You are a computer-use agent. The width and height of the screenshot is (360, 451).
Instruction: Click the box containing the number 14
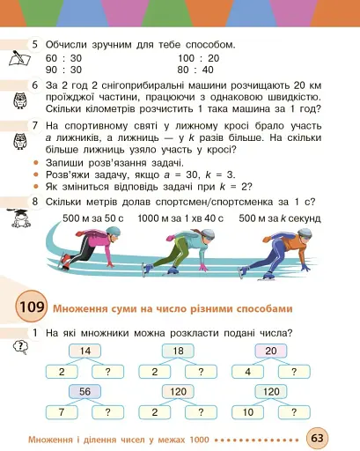(84, 351)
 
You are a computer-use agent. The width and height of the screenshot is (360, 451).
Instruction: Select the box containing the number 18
(177, 351)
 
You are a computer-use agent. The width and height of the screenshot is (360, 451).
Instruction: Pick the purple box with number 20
(270, 351)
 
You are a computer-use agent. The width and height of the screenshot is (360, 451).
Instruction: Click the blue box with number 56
(84, 391)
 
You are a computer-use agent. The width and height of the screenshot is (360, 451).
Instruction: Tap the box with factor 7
(62, 411)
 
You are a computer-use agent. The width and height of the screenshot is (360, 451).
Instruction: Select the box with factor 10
(247, 411)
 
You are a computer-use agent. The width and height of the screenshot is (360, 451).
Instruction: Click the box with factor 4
(247, 372)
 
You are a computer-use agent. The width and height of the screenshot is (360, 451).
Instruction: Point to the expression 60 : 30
(63, 56)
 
